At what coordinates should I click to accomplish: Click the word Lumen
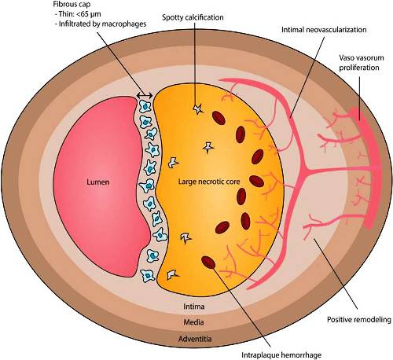pos(97,182)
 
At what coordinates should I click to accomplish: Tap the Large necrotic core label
pos(209,182)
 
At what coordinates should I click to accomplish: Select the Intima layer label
pos(194,307)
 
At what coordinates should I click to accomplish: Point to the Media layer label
pos(193,322)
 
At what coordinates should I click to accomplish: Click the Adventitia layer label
pos(195,339)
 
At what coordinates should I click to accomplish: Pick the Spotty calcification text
pos(193,17)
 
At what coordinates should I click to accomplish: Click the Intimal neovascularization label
pos(324,30)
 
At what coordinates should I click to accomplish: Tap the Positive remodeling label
pos(359,320)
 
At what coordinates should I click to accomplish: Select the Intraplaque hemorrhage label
pos(281,355)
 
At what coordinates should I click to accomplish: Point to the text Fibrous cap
pos(72,5)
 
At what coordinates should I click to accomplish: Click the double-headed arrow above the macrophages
pos(145,96)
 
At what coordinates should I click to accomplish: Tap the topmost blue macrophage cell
pos(145,107)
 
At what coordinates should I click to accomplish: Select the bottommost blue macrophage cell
pos(148,276)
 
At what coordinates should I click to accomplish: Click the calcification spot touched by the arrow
pos(198,108)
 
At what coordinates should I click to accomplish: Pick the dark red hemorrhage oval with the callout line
pos(208,263)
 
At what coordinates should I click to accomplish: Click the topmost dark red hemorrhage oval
pos(219,118)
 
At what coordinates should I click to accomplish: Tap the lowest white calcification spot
pos(172,274)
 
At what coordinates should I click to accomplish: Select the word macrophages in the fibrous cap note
pos(124,24)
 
